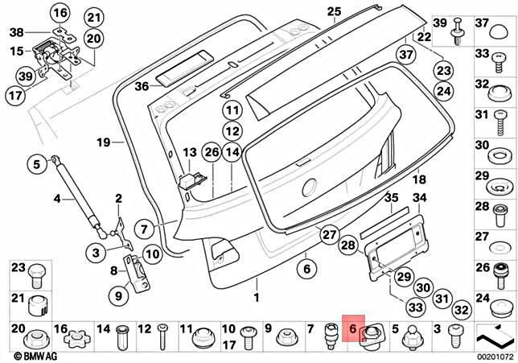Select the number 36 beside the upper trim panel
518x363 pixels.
142,85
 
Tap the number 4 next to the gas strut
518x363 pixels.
57,198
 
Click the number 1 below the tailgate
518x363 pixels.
257,298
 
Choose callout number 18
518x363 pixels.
396,179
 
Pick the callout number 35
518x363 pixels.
392,198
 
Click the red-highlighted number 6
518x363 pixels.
352,329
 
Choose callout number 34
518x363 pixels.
419,198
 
